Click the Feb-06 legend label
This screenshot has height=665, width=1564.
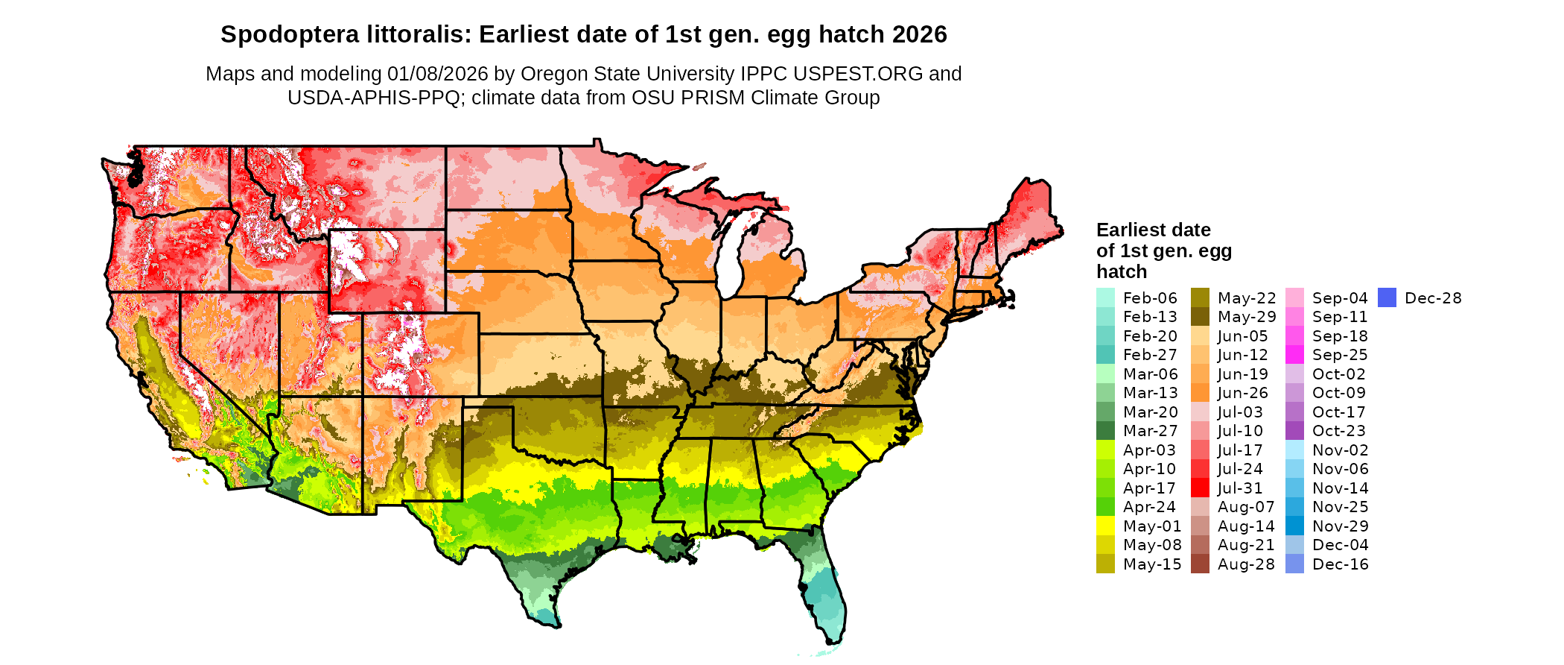(x=1150, y=298)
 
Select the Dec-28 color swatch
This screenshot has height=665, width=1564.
(x=1387, y=297)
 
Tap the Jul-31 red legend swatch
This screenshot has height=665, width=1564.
(x=1200, y=488)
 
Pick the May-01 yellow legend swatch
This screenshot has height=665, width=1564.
(x=1105, y=526)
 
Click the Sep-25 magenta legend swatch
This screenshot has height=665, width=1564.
(x=1294, y=355)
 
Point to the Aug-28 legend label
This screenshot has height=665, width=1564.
(x=1246, y=564)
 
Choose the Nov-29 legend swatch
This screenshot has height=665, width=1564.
(x=1294, y=526)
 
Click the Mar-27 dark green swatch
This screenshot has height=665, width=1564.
(x=1105, y=431)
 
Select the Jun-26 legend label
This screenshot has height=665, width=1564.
(x=1242, y=393)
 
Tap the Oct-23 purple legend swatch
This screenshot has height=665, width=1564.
(x=1294, y=431)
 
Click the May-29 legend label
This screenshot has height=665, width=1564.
(x=1247, y=317)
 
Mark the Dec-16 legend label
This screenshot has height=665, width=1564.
(x=1340, y=564)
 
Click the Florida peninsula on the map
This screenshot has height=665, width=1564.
(x=823, y=589)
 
